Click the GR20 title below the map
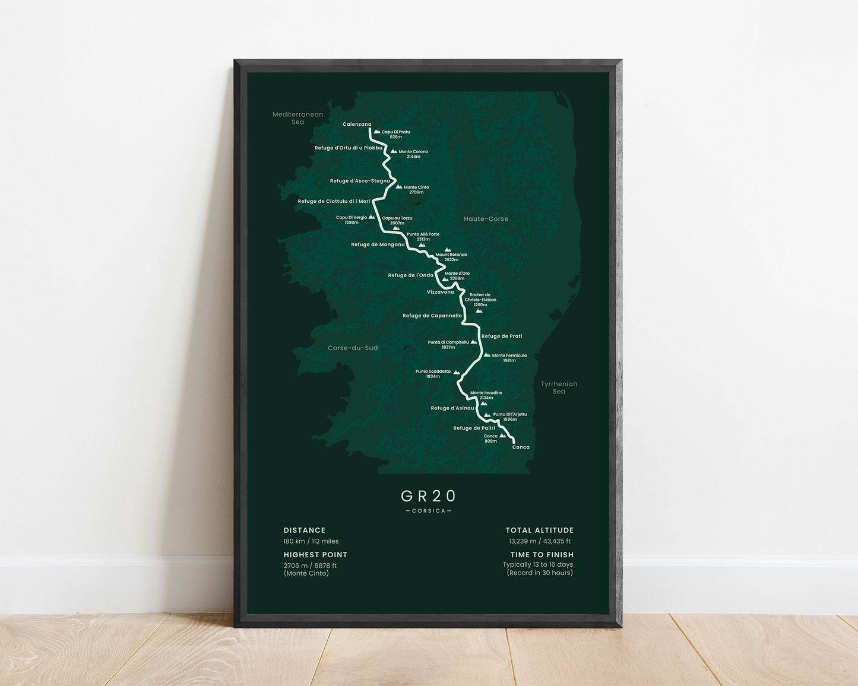(429, 496)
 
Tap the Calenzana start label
(357, 125)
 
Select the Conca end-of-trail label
(521, 447)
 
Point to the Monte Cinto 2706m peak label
(416, 190)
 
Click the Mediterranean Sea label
(297, 118)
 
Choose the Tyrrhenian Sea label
(559, 388)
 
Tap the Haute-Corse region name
(486, 219)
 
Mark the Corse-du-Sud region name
(353, 348)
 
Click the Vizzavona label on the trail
(441, 292)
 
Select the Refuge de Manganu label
(378, 244)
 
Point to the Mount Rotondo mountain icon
(448, 250)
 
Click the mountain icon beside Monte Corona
(393, 151)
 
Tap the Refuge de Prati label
(502, 336)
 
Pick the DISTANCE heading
(305, 531)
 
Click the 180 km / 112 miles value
(311, 541)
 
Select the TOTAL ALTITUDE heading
(540, 531)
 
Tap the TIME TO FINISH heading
(542, 555)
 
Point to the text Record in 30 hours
(540, 573)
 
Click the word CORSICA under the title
(429, 511)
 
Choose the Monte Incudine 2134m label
(486, 395)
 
